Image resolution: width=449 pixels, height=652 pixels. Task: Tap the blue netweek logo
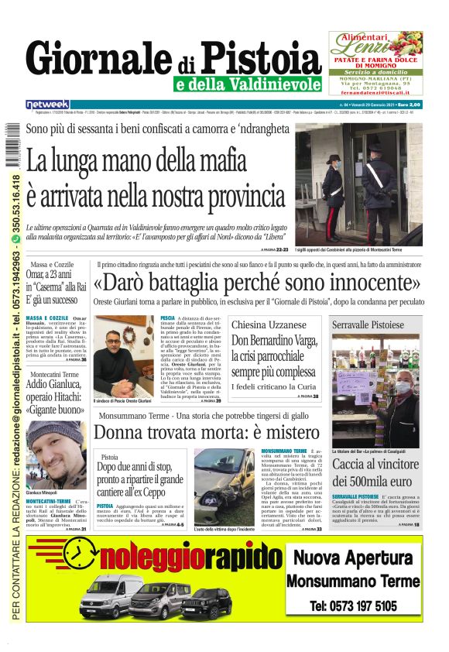(x=48, y=104)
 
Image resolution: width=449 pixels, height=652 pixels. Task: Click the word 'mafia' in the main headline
(x=250, y=163)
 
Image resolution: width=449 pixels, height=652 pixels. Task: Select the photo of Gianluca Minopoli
(x=55, y=454)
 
